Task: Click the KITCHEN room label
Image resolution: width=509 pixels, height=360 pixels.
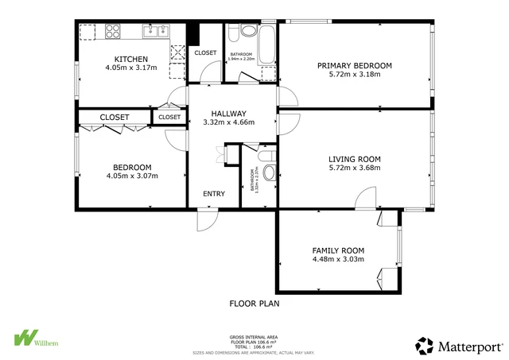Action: point(132,59)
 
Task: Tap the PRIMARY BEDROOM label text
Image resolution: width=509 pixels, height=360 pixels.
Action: point(354,65)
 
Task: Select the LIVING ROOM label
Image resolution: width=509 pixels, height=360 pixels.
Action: point(354,158)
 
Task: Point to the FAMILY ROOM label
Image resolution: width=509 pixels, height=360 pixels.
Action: point(338,250)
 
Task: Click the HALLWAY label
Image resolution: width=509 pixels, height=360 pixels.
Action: point(228,113)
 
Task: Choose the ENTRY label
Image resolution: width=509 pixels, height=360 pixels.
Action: point(214,193)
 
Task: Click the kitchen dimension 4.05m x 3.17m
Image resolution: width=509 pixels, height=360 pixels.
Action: point(132,68)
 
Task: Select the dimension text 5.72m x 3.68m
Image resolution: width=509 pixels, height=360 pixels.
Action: point(354,168)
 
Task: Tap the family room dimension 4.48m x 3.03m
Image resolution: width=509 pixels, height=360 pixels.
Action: point(338,259)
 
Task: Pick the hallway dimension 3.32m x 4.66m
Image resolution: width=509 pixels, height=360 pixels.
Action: point(228,122)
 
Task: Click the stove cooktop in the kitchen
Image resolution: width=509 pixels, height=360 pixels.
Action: point(111,33)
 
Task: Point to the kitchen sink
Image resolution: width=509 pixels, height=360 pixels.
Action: point(155,31)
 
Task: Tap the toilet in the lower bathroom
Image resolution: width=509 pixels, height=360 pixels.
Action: point(269,172)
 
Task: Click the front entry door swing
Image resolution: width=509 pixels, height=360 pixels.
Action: point(205,220)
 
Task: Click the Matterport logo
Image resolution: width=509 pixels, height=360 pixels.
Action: point(460,345)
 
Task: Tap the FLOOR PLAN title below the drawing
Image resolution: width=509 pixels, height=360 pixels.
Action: point(254,303)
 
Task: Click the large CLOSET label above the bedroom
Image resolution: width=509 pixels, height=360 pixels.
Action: point(115,118)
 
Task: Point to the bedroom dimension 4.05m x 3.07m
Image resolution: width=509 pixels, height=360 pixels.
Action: point(132,176)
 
